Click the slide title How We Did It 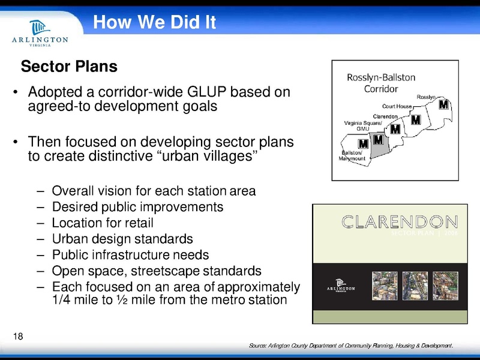pos(154,23)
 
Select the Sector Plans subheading pos(69,66)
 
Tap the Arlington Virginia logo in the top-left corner pos(40,35)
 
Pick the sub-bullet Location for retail pos(103,223)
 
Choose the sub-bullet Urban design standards pos(122,238)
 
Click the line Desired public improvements pos(137,207)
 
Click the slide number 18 pos(17,335)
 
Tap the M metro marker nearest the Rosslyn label pos(443,105)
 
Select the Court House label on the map pos(397,106)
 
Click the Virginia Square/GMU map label pos(362,125)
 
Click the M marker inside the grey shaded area pos(378,140)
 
